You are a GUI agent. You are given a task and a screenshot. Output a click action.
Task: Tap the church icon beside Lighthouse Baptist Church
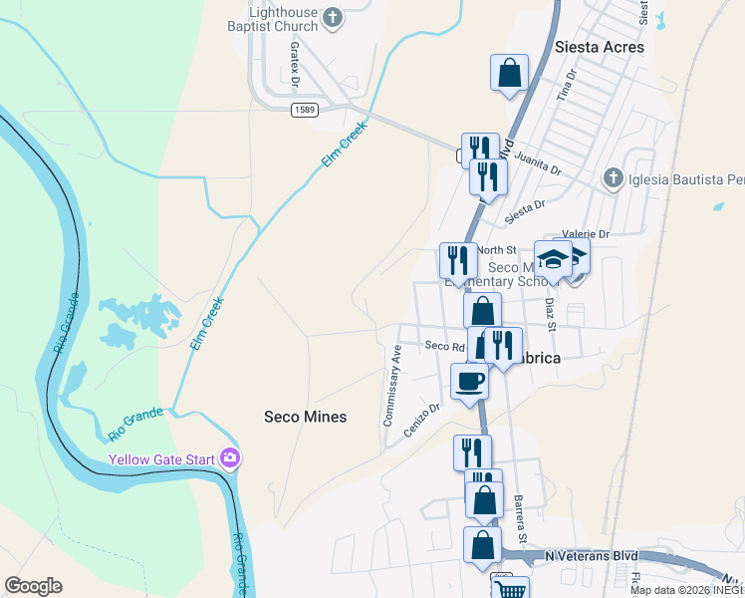tap(333, 17)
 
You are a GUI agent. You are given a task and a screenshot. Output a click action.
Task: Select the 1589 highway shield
tap(306, 109)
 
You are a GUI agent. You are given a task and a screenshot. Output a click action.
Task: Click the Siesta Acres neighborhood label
tap(599, 47)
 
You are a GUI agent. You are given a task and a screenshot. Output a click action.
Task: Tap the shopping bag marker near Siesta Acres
tap(509, 74)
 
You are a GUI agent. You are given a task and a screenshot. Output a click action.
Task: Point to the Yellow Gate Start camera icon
tap(231, 459)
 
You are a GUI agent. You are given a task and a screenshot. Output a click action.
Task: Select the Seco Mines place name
tap(305, 417)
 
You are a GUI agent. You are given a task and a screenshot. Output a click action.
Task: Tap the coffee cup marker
tap(470, 380)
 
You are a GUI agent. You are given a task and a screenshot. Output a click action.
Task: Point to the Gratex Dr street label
tap(295, 62)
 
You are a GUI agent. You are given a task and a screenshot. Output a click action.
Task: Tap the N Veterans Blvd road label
tap(590, 554)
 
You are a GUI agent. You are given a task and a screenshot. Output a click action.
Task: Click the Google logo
tap(33, 586)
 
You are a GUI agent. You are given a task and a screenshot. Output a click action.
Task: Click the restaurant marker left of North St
tap(458, 261)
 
